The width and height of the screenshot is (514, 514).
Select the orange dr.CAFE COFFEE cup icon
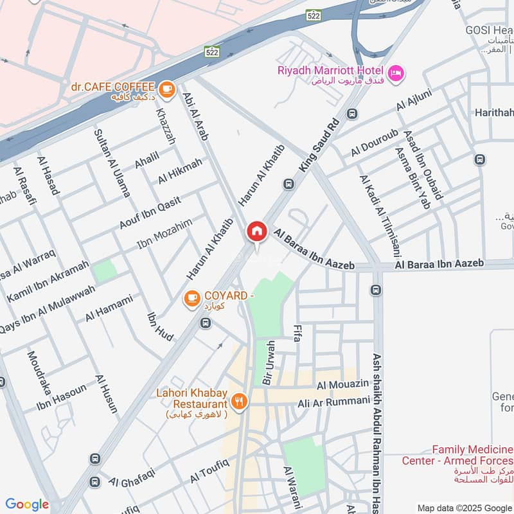pos(166,89)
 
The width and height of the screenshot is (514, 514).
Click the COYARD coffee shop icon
pos(191,298)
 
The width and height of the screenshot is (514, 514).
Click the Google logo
pos(27,504)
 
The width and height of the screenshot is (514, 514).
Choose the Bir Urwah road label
pos(268,363)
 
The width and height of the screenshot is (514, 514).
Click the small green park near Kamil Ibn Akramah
pos(104,271)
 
